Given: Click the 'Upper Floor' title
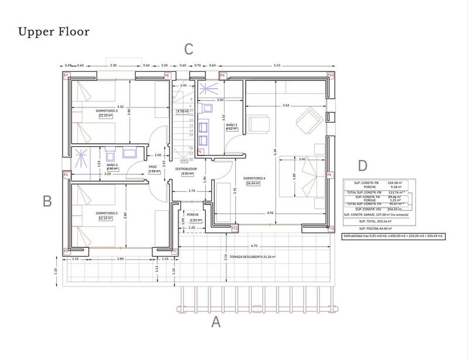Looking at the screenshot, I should (54, 31).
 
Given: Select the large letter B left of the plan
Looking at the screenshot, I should (48, 201).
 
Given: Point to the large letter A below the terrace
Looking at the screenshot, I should (216, 322).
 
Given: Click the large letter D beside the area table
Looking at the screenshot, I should (363, 165).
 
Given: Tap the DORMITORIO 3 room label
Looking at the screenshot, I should (107, 110).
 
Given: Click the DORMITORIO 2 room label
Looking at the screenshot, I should (107, 213).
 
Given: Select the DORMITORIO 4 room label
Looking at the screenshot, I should (254, 178).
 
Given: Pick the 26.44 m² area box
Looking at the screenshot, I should (254, 183).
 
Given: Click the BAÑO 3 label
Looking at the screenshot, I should (231, 125).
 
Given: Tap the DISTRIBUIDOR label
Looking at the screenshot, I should (187, 168).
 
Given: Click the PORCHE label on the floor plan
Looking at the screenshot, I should (193, 214).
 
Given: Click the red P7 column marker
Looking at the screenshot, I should (66, 76).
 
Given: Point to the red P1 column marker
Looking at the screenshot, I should (66, 251).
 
